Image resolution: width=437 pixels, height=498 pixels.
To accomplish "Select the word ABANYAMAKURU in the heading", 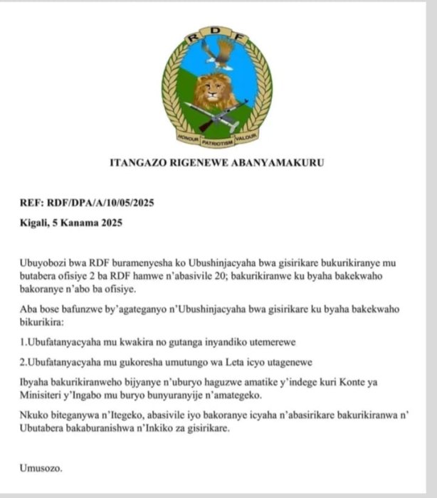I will [x=280, y=163].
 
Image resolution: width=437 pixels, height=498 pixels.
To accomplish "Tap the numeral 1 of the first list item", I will [x=23, y=341].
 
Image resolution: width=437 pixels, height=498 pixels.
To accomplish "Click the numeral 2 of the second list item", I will [x=23, y=361].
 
